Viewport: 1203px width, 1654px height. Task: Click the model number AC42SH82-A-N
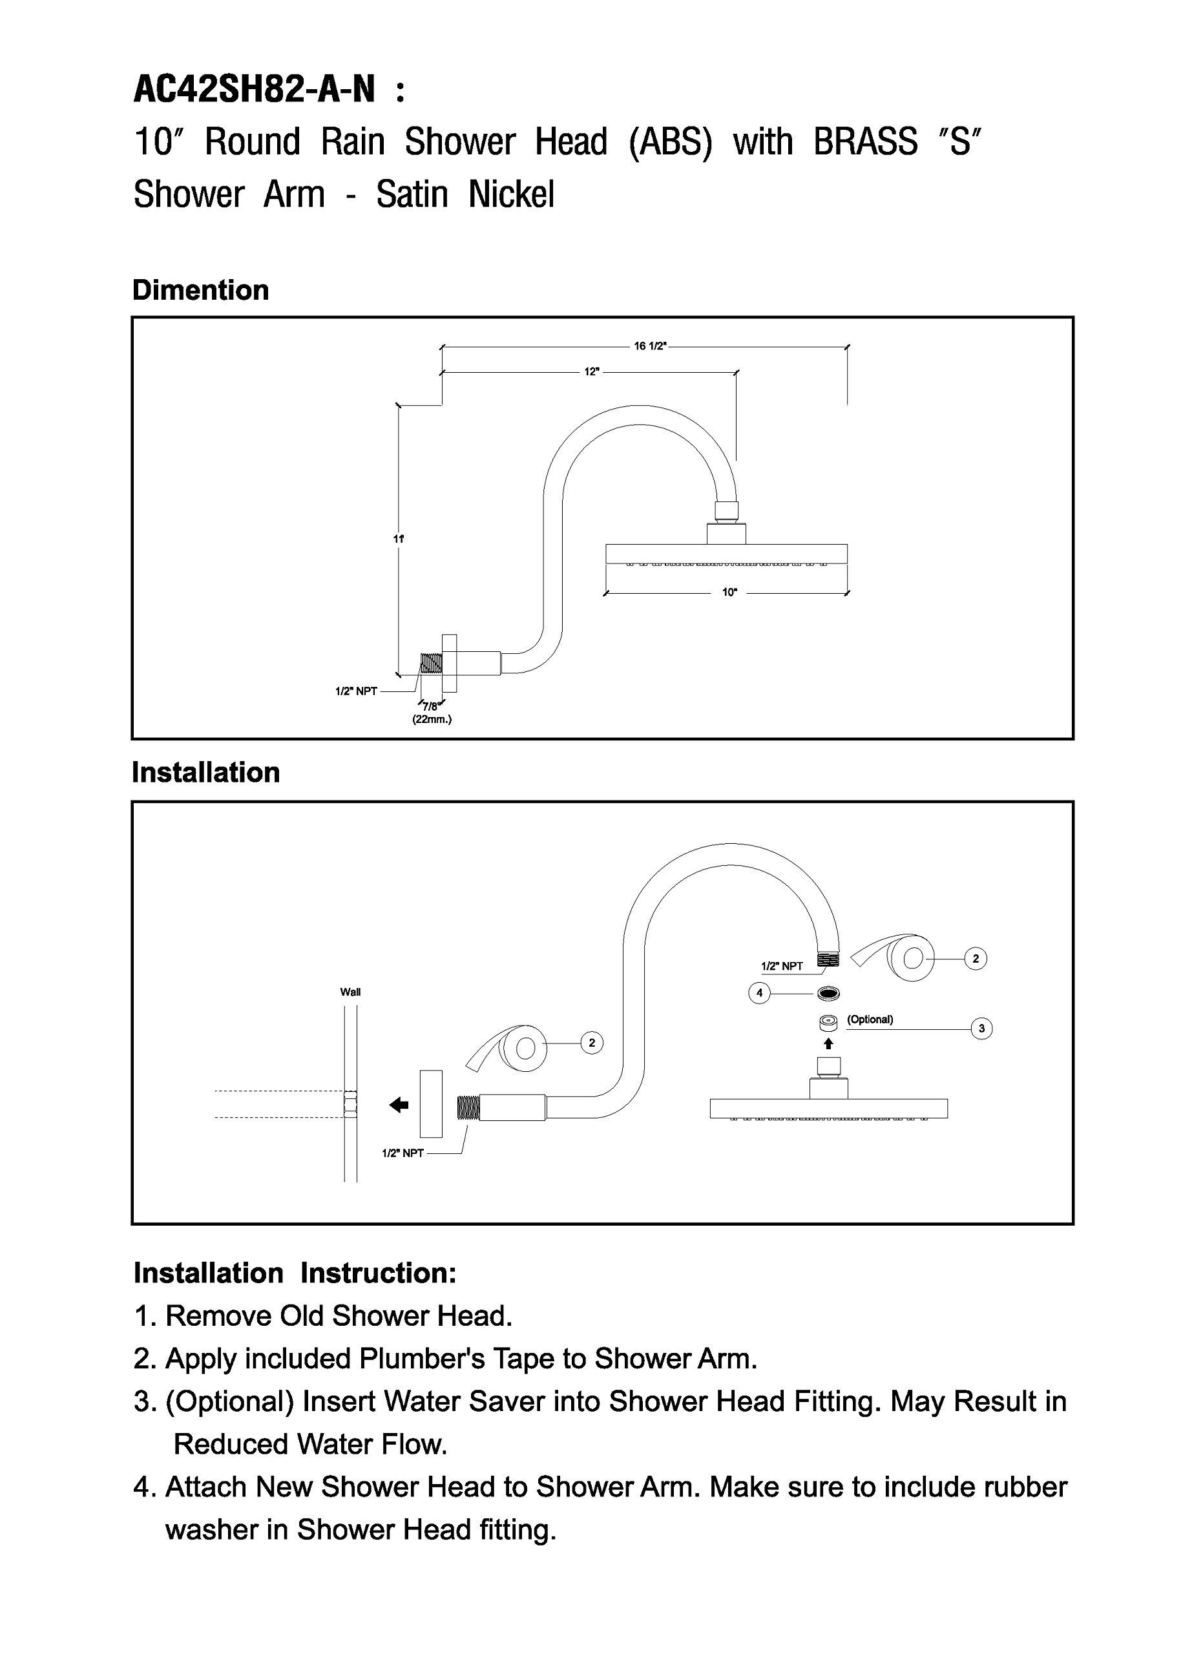255,91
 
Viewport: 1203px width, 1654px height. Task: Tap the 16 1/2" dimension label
649,346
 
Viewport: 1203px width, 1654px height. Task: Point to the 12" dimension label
592,372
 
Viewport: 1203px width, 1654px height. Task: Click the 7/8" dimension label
431,706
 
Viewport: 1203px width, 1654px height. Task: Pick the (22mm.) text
432,719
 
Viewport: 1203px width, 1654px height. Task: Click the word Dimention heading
200,290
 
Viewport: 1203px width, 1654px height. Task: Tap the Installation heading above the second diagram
205,772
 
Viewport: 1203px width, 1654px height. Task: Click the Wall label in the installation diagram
350,992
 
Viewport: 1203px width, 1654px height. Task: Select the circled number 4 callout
759,993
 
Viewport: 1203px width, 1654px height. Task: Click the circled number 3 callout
981,1029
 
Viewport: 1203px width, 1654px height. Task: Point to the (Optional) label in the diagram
870,1020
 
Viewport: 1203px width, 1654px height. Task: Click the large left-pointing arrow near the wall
399,1105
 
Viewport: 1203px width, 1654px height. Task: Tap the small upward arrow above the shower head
828,1044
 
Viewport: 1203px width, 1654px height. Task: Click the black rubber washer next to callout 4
828,993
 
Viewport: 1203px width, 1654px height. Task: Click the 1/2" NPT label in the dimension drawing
356,691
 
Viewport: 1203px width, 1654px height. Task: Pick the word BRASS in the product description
866,141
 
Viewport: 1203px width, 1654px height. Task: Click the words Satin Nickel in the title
465,194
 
